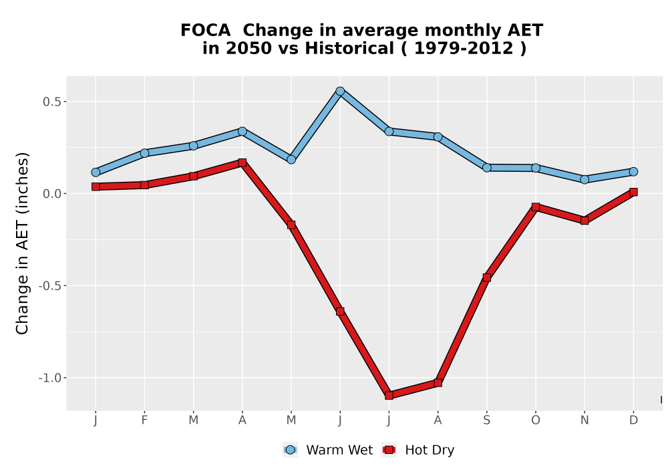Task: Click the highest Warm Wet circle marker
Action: [340, 91]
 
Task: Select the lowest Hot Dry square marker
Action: [389, 396]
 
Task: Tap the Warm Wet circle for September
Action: [487, 168]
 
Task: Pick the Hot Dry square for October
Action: [536, 207]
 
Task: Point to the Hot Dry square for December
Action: [633, 193]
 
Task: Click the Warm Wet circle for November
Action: [584, 179]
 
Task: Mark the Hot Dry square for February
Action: [144, 185]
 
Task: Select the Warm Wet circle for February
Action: [144, 153]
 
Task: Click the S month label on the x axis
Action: [487, 421]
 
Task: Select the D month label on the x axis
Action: [633, 421]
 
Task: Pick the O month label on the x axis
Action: [536, 421]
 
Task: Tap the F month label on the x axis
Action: [144, 421]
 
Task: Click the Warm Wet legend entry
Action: [327, 450]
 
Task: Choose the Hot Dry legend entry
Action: [418, 450]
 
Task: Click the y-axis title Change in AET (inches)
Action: [22, 243]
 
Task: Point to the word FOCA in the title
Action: [205, 30]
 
